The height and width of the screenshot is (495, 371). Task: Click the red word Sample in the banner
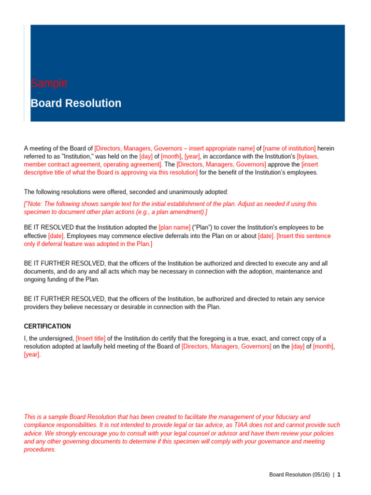(49, 83)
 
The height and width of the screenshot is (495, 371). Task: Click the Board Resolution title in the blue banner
(76, 103)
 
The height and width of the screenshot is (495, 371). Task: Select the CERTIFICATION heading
(47, 326)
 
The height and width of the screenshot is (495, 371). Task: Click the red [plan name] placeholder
(174, 227)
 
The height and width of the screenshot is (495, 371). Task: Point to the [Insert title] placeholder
(91, 338)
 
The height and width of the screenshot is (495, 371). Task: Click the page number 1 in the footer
(339, 475)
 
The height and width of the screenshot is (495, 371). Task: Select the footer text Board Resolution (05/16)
(300, 475)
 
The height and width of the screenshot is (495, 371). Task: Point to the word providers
(37, 307)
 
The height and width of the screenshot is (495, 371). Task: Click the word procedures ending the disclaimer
(40, 450)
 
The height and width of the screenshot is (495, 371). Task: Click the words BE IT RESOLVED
(49, 227)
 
